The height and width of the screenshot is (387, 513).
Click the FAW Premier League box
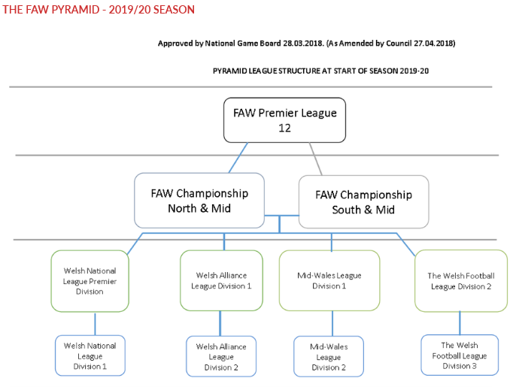click(284, 119)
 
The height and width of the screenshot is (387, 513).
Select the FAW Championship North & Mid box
click(199, 201)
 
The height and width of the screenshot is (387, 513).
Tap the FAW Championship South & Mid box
click(363, 201)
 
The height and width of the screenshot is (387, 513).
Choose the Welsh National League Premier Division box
click(90, 280)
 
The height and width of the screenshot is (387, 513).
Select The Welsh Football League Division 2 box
click(460, 280)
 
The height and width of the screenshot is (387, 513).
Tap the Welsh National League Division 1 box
click(90, 355)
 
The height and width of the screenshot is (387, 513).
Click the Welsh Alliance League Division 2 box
click(220, 356)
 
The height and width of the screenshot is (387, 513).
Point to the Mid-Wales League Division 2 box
click(328, 356)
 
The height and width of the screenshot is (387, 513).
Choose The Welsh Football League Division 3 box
click(459, 355)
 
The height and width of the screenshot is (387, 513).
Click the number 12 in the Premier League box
click(284, 127)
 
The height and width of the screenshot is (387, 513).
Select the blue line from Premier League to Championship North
click(239, 158)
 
